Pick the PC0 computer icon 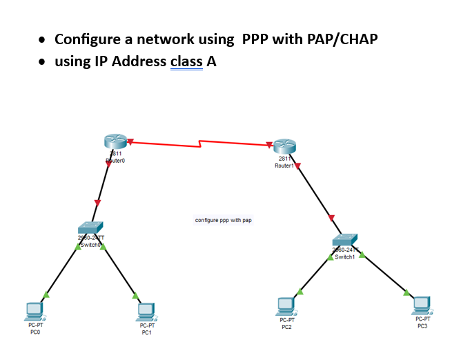coord(32,311)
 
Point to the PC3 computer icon coord(422,305)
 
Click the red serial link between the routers coord(200,143)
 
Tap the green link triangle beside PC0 coord(46,295)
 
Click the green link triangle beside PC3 coord(406,292)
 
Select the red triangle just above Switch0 coord(97,203)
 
